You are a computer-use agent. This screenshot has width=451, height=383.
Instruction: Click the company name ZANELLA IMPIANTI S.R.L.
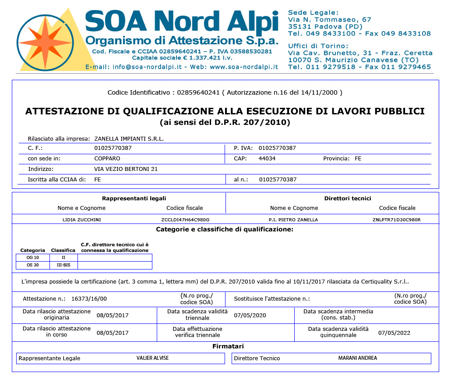point(129,138)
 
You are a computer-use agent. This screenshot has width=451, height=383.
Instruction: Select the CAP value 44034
point(267,159)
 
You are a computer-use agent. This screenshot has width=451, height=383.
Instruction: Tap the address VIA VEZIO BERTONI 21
point(126,169)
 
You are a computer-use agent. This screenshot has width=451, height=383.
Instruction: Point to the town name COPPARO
point(107,159)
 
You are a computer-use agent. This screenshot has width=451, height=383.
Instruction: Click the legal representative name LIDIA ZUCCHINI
point(82,220)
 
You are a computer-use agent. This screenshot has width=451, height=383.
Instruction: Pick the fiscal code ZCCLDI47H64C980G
point(185,220)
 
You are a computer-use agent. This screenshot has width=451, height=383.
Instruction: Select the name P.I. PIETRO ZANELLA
point(293,220)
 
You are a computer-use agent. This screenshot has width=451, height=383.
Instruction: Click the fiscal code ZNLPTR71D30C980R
point(397,220)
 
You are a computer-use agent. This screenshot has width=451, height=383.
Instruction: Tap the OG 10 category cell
point(33,257)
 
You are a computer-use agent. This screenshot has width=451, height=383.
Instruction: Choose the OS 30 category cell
point(33,265)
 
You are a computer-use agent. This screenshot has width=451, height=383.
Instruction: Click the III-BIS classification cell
point(63,265)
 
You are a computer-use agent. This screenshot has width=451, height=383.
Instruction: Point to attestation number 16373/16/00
point(89,299)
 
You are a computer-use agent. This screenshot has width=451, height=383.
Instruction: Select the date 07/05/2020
point(250,315)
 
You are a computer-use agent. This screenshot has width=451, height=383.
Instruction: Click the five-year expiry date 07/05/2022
point(394,333)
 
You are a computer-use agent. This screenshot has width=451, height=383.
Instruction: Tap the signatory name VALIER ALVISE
point(152,358)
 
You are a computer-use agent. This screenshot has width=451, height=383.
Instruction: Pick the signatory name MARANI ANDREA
point(358,358)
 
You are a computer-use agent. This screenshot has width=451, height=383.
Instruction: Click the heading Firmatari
point(228,346)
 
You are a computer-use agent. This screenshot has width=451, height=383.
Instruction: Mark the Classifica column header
point(63,250)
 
